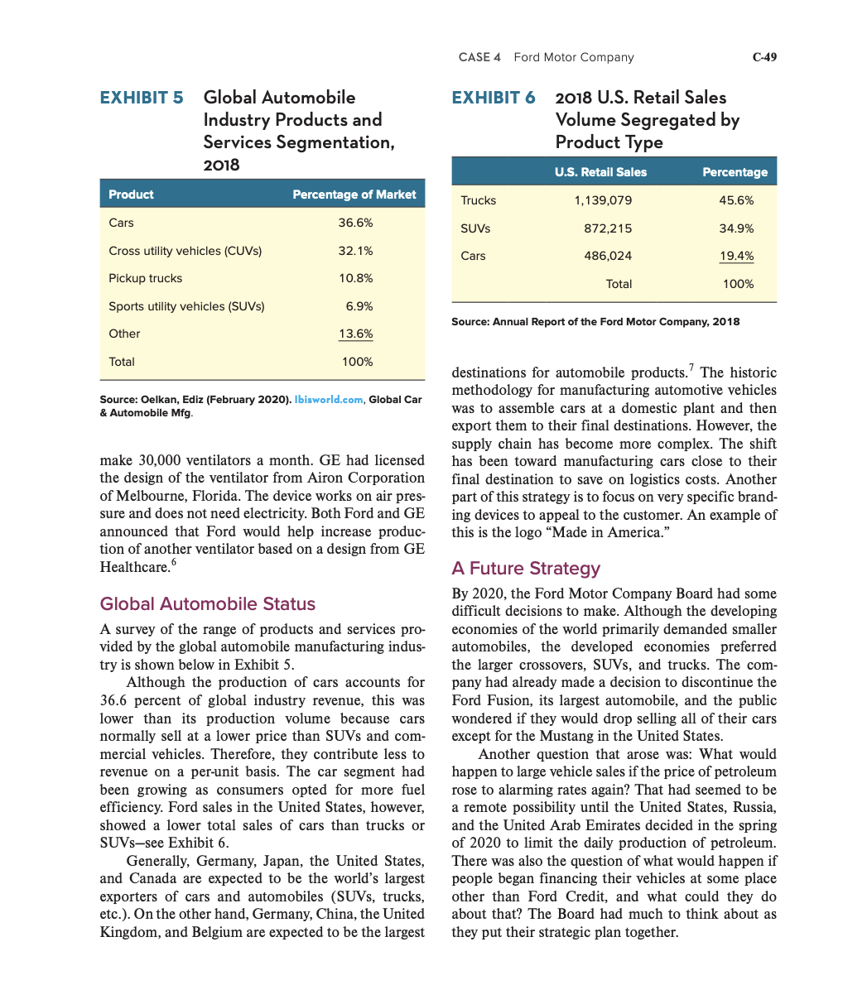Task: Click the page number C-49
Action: (764, 57)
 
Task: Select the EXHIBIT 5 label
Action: (142, 98)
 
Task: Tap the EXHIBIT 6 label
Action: (494, 98)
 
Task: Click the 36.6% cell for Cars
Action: (355, 223)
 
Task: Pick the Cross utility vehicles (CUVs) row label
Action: (185, 251)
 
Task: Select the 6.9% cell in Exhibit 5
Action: (359, 306)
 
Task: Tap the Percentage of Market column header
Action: (354, 195)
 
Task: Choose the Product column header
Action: (131, 195)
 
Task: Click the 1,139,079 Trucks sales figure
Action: (603, 200)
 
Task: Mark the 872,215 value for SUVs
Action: (608, 228)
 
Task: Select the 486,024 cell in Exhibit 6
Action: (608, 256)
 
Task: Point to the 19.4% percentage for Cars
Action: (736, 256)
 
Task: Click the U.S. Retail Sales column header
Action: (600, 172)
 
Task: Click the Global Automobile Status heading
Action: (207, 603)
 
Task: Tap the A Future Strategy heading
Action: (526, 568)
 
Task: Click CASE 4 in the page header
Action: (479, 57)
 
